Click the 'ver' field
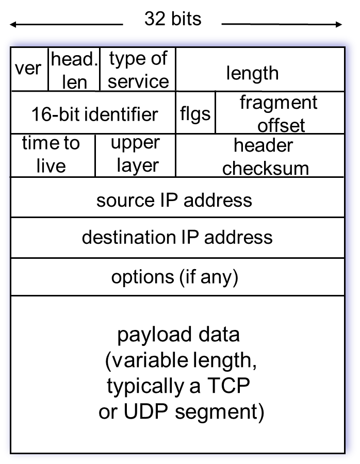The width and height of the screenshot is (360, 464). click(x=28, y=69)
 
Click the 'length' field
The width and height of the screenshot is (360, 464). click(x=253, y=73)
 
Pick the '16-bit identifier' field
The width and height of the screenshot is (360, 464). click(x=94, y=113)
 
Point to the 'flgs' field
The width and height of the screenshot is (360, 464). click(x=195, y=113)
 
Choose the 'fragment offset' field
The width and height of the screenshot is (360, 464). click(x=280, y=113)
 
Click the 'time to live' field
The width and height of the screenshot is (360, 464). click(x=52, y=155)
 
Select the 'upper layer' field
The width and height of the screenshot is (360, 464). click(x=136, y=155)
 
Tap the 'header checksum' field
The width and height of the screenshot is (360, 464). click(x=264, y=156)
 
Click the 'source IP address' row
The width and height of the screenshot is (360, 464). click(x=174, y=200)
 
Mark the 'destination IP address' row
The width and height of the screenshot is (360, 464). click(x=177, y=237)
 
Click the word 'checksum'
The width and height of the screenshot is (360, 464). click(x=266, y=168)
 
